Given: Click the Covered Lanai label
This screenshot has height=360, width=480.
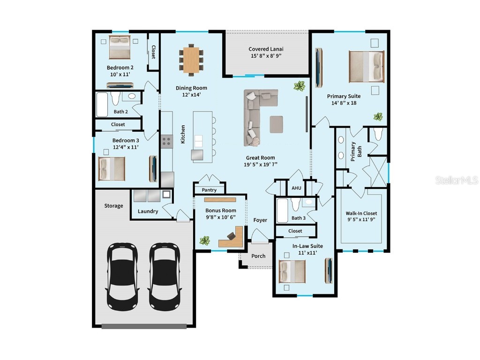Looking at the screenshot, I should (x=266, y=49).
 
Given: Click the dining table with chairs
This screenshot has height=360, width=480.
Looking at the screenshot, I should (x=191, y=59).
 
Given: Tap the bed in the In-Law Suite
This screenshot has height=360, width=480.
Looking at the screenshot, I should (x=292, y=271).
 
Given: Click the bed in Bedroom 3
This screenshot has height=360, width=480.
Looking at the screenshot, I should (x=112, y=168).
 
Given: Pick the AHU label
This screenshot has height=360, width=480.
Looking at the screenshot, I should (x=296, y=188).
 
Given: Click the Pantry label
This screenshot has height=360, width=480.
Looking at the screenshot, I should (x=209, y=190).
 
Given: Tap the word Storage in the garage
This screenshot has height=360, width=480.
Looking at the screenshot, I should (x=113, y=206).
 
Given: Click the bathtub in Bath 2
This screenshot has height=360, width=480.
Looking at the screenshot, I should (x=102, y=105).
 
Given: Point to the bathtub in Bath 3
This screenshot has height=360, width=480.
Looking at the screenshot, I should (x=282, y=210).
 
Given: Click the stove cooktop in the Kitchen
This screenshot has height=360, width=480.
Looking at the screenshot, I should (x=166, y=141).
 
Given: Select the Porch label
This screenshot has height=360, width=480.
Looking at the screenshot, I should (x=258, y=256).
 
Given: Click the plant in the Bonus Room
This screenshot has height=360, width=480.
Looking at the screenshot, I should (x=204, y=240).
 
